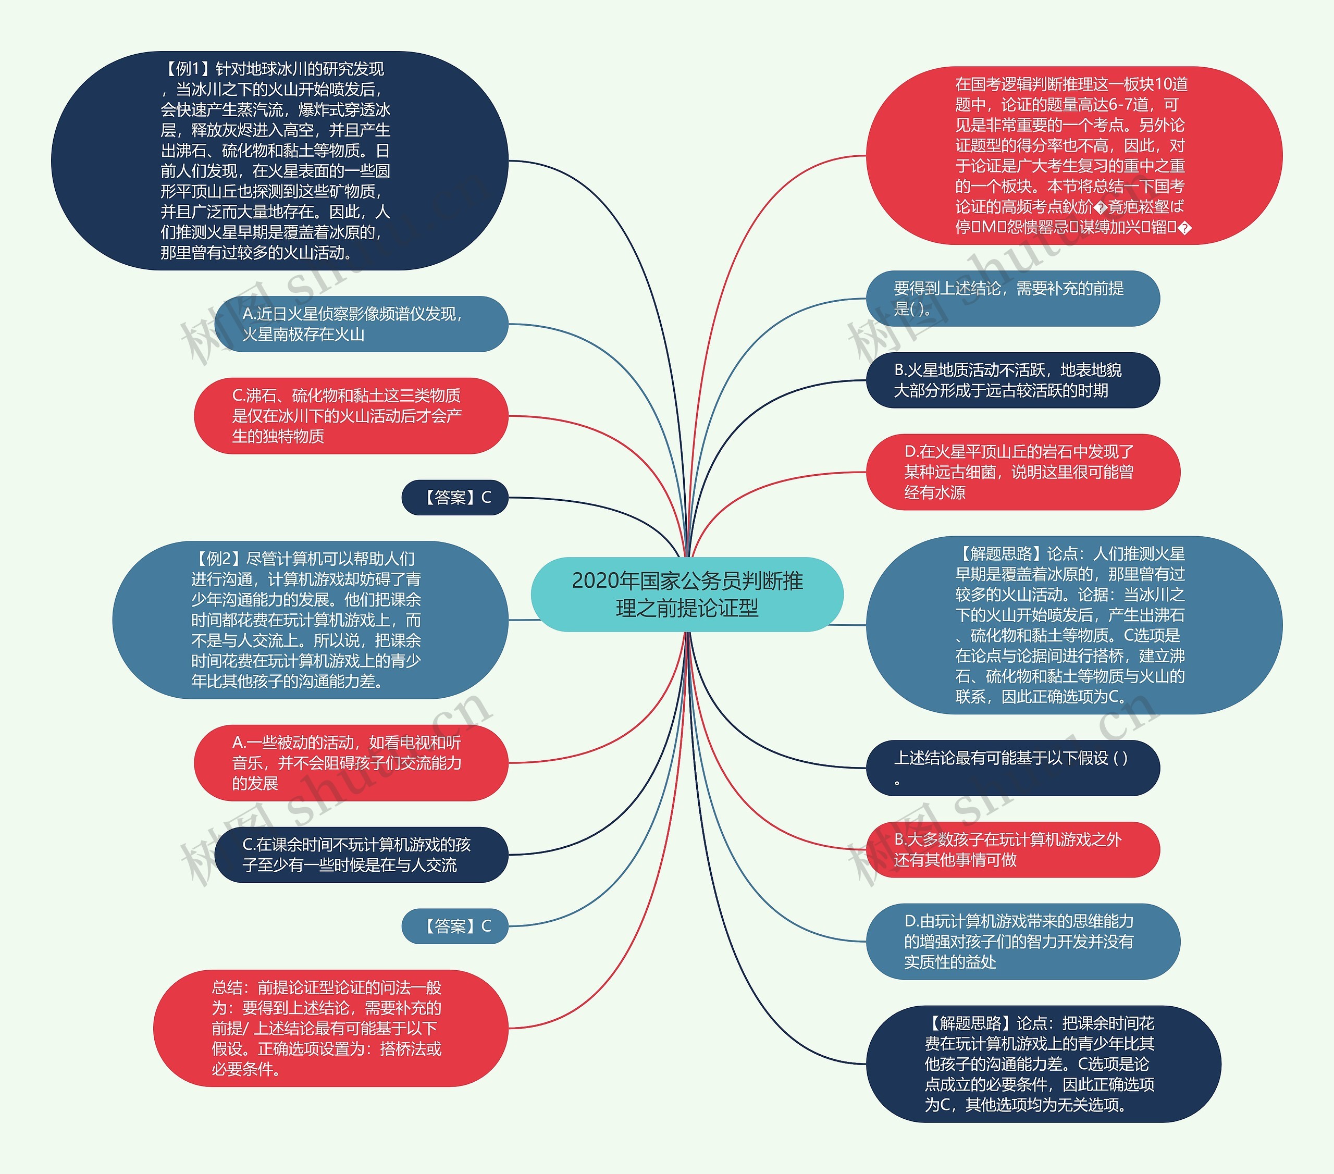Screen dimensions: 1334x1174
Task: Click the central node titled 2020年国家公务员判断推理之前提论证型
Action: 687,594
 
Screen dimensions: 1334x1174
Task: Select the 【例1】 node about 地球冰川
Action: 279,160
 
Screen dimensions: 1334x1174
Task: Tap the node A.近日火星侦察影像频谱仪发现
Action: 361,324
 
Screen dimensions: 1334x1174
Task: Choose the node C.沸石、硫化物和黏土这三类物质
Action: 351,416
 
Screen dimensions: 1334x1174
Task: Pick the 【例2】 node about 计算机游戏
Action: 310,620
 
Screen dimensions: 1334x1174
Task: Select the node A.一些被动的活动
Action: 351,763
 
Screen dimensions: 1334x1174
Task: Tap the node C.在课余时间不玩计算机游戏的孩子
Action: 361,855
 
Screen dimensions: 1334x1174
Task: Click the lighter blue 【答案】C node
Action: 455,926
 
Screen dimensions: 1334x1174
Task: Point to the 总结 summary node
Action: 330,1028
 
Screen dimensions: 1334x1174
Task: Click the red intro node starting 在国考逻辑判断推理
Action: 1073,155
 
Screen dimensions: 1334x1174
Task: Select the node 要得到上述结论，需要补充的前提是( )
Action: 1012,298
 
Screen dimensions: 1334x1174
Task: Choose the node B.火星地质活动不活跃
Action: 1012,380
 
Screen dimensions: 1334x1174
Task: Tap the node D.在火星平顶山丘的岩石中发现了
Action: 1023,472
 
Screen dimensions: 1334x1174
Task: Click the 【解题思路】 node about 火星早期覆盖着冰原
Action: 1073,625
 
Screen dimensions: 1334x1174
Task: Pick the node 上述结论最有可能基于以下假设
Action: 1012,768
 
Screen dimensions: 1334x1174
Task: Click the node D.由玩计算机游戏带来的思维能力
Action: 1023,941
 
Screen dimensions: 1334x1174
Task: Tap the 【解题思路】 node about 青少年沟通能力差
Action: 1043,1064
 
